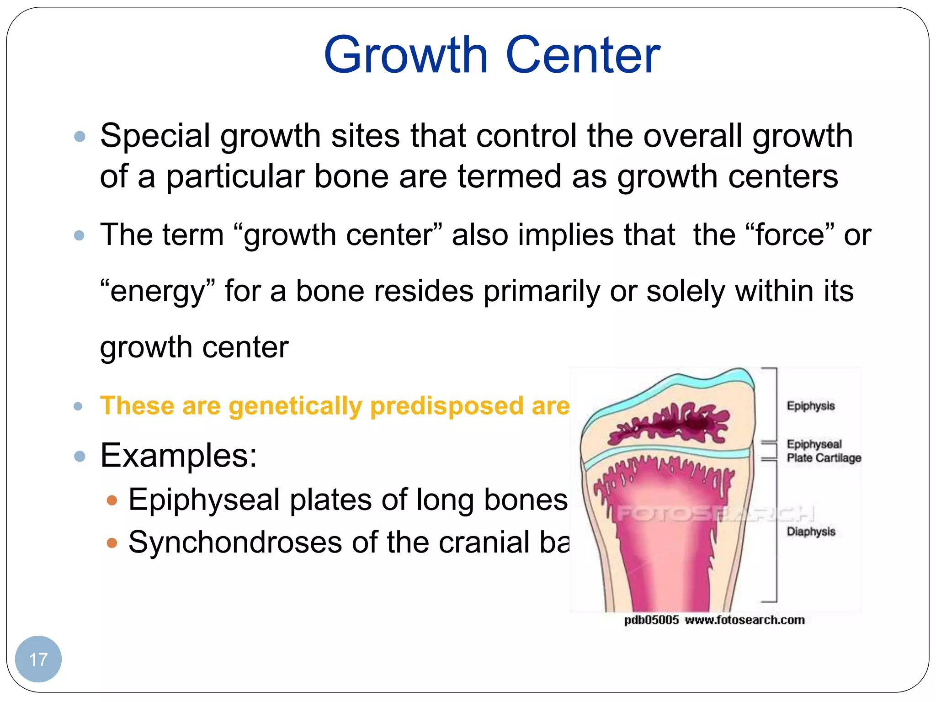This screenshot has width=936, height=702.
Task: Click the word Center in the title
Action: [583, 56]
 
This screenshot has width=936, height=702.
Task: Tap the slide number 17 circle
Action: [38, 659]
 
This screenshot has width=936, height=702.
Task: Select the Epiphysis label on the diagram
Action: [810, 406]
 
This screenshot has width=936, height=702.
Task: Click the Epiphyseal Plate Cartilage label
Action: [823, 451]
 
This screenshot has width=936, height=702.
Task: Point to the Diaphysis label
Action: [811, 532]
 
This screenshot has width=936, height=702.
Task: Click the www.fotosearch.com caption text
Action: [745, 620]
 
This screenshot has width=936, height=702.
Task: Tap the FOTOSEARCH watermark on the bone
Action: [715, 514]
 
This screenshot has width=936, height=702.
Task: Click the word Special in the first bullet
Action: [155, 136]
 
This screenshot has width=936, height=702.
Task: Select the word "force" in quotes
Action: [789, 235]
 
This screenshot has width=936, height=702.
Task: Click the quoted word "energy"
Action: [157, 291]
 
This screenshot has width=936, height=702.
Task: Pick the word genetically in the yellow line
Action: [295, 406]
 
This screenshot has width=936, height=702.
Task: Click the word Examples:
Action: [179, 455]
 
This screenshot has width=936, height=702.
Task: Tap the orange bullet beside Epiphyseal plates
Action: [112, 500]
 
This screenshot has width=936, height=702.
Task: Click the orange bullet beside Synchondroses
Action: [112, 543]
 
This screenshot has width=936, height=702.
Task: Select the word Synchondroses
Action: [235, 542]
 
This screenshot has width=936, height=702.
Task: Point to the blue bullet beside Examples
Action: [80, 456]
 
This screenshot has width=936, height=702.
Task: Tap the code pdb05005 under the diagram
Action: [651, 620]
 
